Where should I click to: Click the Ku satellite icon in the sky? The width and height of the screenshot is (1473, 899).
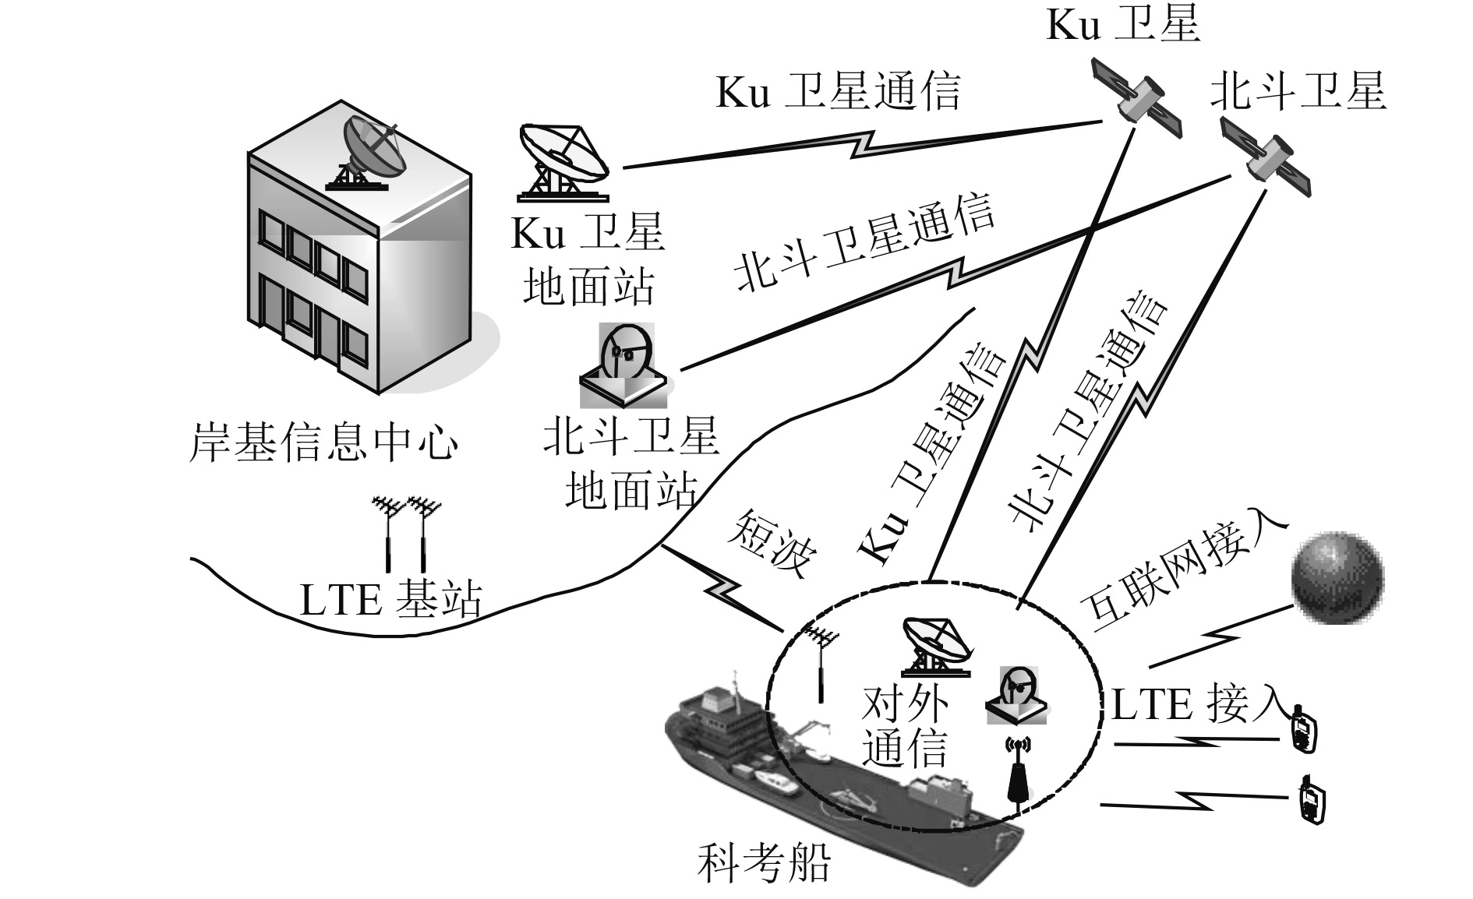pos(1136,97)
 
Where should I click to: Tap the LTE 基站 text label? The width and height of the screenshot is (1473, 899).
pos(390,601)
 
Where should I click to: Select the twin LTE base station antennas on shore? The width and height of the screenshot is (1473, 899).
pos(406,533)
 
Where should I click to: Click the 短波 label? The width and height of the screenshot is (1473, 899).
pos(772,545)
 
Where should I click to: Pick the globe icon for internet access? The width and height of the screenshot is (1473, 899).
pos(1337,577)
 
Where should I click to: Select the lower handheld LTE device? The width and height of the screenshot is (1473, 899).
pos(1310,799)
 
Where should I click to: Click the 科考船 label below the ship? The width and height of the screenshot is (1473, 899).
pos(763,863)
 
